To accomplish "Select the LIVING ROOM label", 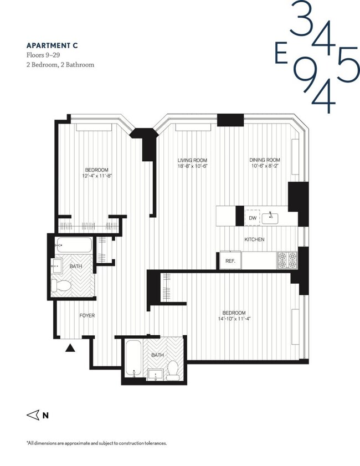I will [x=192, y=160].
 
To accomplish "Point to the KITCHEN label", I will [x=255, y=239].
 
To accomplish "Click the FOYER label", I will [x=87, y=315].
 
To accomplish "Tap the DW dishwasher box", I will [x=253, y=218].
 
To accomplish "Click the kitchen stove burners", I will [x=286, y=260].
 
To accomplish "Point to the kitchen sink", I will [x=271, y=217].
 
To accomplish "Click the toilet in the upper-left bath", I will [x=62, y=286].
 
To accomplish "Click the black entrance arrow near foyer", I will [x=70, y=348].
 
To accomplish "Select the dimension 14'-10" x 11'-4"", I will [x=235, y=319].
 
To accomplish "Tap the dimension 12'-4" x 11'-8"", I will [x=96, y=176].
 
